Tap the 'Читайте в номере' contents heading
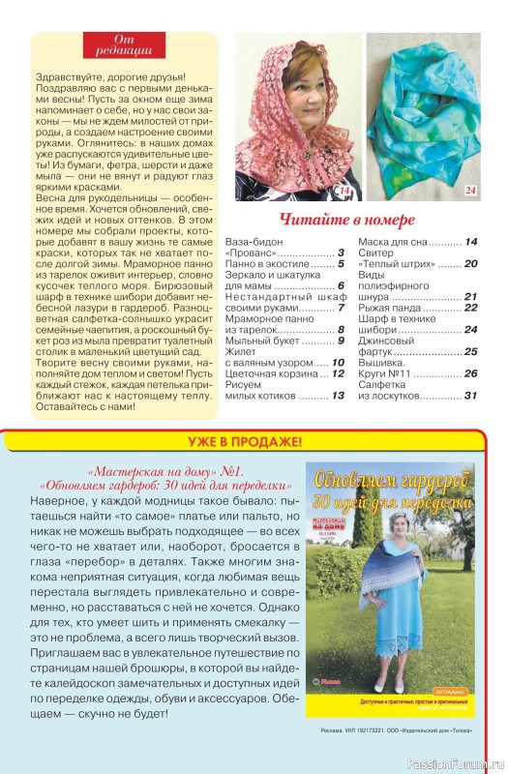coord(346,219)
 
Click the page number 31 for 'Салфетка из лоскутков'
coord(470,395)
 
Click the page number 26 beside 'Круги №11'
coord(470,372)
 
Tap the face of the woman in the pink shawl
coord(293,89)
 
